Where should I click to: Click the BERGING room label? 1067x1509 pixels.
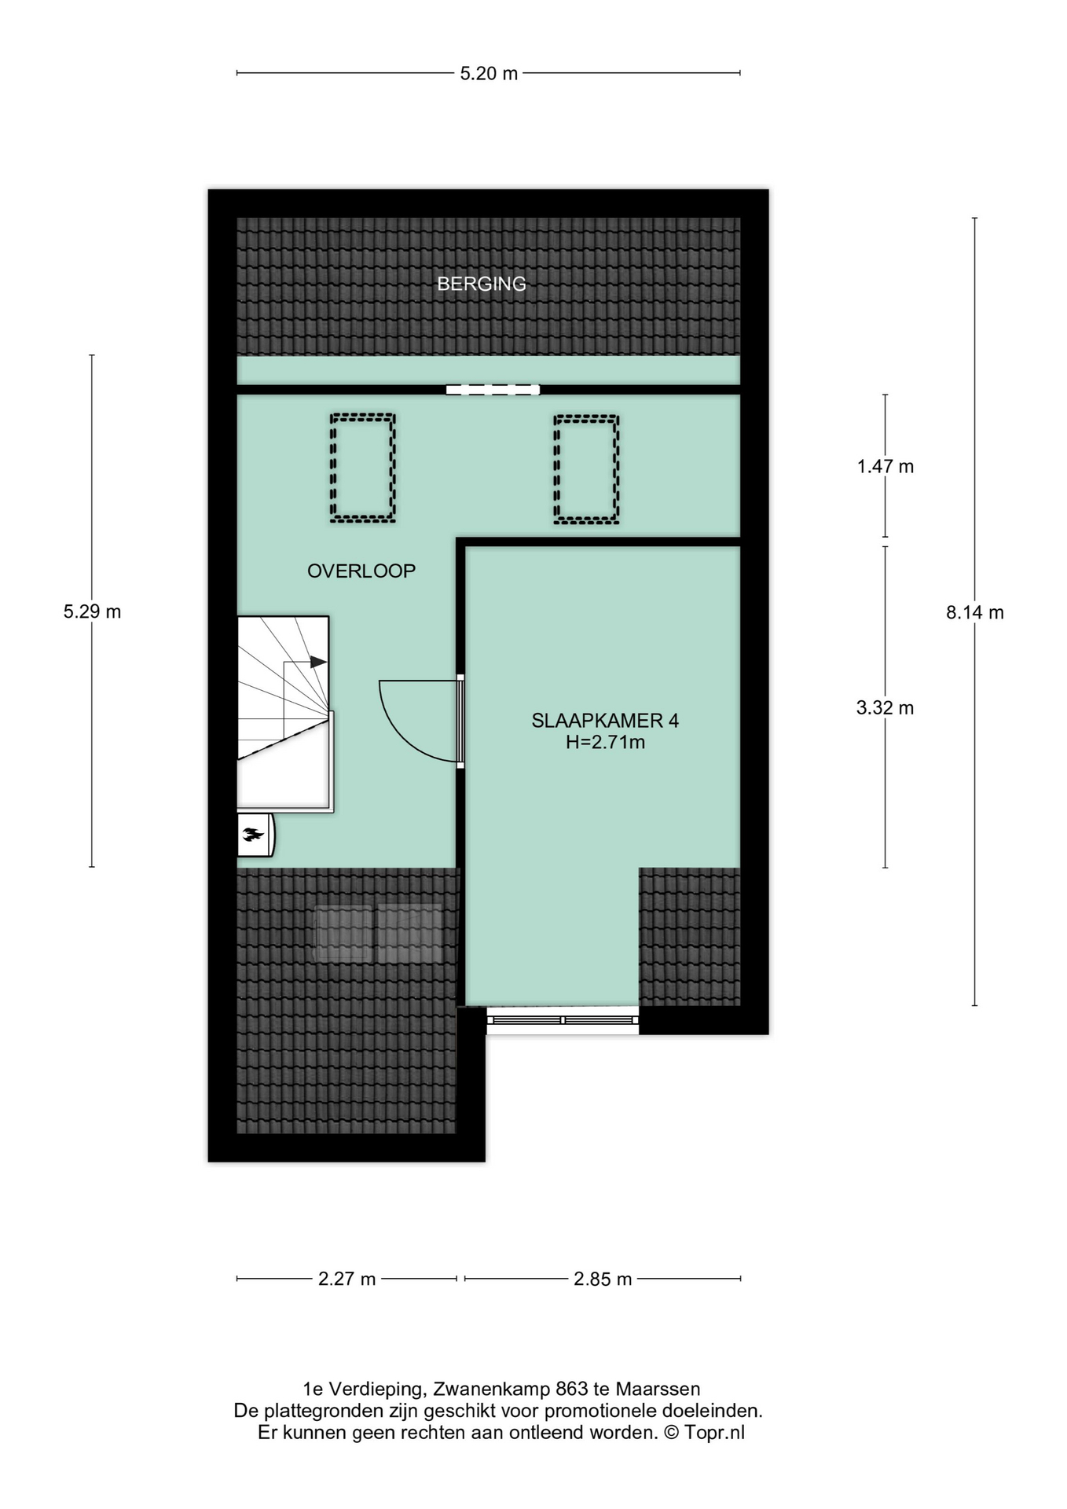(482, 284)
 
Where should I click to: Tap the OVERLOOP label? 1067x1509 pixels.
(361, 571)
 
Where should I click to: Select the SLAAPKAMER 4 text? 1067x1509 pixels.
(605, 721)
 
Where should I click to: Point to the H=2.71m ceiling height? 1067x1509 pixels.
(605, 742)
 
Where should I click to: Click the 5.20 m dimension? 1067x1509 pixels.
(489, 74)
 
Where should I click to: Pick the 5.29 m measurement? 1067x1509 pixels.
(92, 611)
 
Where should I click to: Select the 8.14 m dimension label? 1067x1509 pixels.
(975, 613)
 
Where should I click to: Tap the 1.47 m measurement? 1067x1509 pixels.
(885, 467)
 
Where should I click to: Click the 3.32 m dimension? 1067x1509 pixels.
(885, 708)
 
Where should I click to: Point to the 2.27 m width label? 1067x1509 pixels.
(347, 1280)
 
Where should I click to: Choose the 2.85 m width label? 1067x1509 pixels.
(603, 1280)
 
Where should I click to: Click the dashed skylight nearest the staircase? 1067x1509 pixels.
(362, 468)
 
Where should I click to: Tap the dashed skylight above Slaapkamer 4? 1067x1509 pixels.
(586, 469)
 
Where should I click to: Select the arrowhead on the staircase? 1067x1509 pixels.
(318, 662)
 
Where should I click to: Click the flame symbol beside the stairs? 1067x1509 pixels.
(252, 835)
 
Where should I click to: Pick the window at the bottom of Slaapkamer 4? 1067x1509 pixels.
(563, 1020)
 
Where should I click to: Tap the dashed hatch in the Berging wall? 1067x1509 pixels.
(493, 389)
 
